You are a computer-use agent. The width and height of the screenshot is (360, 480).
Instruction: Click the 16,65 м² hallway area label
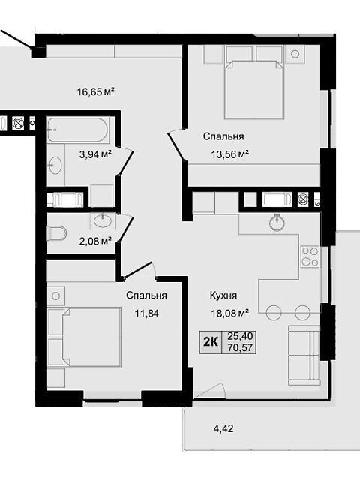point(96,91)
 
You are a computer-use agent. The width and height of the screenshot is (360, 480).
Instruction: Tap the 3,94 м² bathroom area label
point(95,154)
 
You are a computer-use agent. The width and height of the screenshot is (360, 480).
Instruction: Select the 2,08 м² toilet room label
point(95,241)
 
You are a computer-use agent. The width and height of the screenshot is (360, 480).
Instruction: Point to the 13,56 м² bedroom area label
point(229,154)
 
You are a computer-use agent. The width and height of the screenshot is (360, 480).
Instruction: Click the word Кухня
point(223,295)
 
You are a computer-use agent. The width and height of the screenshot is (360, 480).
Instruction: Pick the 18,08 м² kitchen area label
point(229,313)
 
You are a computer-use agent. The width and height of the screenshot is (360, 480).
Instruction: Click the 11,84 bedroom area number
point(147,313)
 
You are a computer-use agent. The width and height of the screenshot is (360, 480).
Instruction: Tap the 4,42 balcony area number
point(223,428)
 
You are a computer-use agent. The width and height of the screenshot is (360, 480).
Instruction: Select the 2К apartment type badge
point(211,342)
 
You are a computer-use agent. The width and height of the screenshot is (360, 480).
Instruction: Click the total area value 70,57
point(240,348)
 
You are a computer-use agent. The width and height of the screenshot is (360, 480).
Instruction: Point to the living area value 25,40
point(240,337)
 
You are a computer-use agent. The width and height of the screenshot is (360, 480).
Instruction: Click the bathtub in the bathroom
point(77,130)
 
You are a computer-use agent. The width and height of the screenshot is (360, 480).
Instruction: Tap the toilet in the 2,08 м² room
point(56,233)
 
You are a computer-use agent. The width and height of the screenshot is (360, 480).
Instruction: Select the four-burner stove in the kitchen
point(310,256)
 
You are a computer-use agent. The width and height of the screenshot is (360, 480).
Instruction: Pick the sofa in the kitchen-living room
point(304,355)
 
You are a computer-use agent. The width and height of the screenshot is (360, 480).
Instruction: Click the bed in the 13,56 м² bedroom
point(254,88)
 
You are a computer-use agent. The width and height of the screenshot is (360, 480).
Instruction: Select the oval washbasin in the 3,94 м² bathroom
point(54,166)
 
